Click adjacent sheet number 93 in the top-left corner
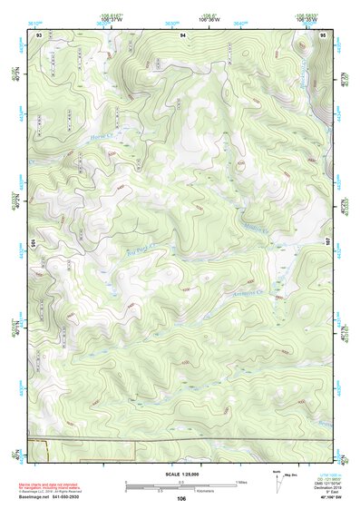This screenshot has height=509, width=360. pos(38,34)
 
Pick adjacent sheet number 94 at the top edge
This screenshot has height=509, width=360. pos(182,34)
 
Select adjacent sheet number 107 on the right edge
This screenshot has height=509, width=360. pos(328,243)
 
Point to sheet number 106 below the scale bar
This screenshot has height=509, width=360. pos(181,498)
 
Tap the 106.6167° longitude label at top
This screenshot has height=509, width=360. pos(112,15)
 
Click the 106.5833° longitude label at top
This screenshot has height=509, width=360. pos(311,15)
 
